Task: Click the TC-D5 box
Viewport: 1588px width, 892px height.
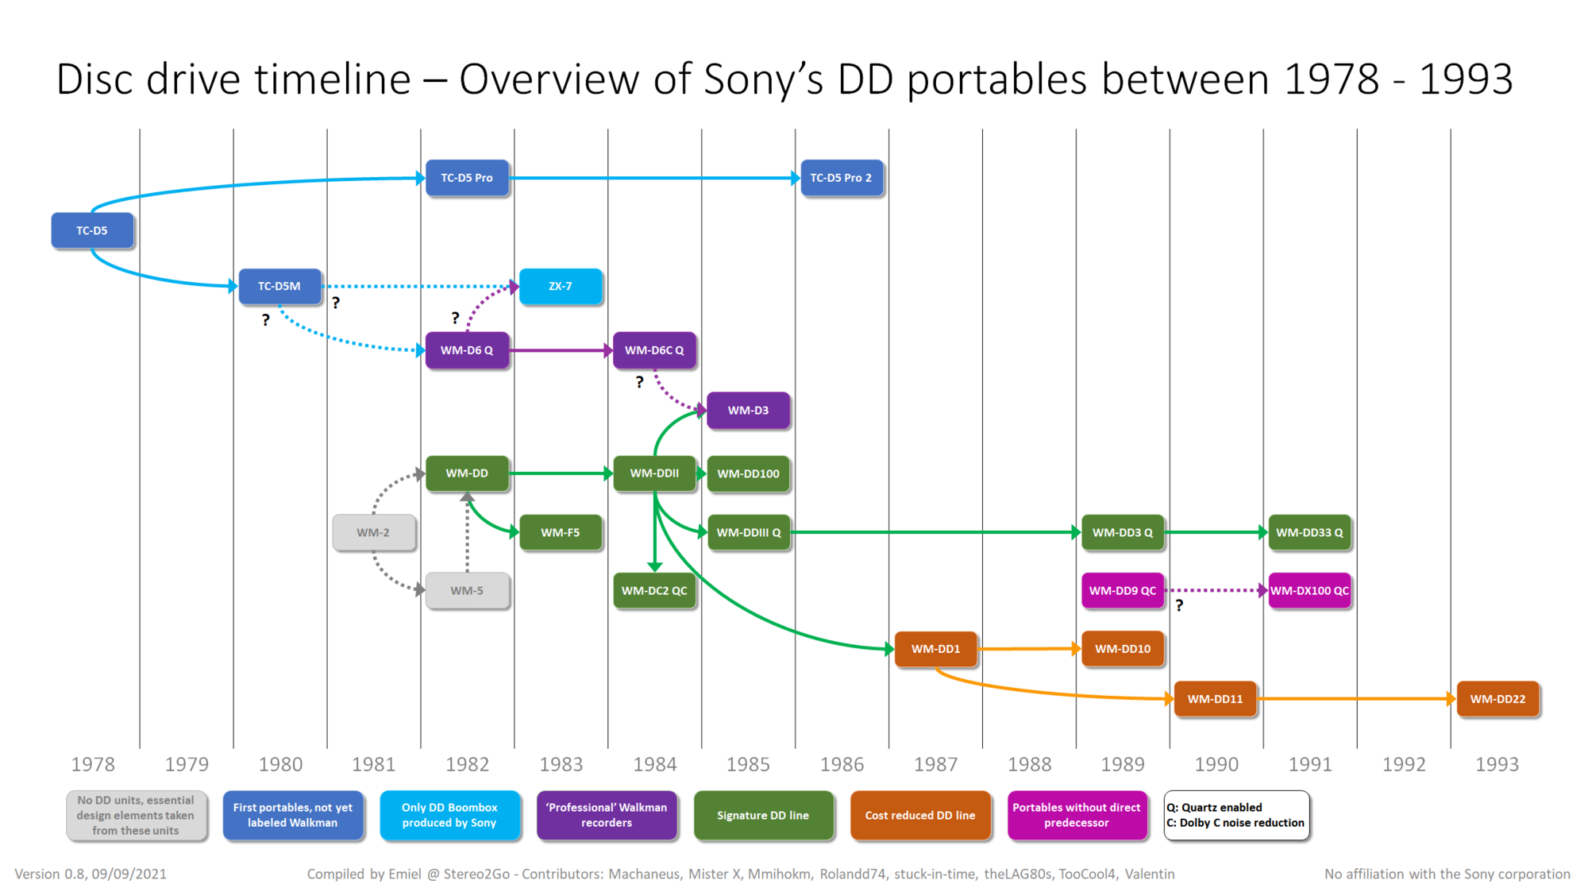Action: [x=92, y=230]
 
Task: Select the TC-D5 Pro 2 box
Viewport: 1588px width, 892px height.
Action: [x=841, y=178]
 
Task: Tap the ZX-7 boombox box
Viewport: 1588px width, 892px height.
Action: [x=561, y=286]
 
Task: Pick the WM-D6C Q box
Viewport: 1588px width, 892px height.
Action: [x=654, y=350]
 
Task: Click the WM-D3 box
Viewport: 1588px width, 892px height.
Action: [x=748, y=411]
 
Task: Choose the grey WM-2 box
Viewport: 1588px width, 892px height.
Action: [x=373, y=532]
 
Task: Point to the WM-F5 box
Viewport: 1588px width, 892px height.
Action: [x=561, y=532]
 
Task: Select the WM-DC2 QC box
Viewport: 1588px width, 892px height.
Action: [x=654, y=591]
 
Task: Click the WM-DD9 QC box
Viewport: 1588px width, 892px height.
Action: [x=1123, y=591]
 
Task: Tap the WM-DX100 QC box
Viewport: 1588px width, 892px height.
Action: [x=1309, y=591]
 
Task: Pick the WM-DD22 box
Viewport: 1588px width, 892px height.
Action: [x=1497, y=699]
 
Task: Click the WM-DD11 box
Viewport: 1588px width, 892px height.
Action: [x=1215, y=699]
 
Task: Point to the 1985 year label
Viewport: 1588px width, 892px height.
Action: [x=748, y=764]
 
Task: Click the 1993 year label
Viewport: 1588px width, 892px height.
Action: [x=1497, y=764]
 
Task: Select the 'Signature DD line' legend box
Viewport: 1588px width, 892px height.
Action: [x=763, y=815]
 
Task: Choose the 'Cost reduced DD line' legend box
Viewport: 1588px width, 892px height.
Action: [x=920, y=815]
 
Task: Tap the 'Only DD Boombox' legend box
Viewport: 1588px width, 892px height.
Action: [x=449, y=815]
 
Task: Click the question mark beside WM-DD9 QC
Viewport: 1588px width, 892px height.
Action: [x=1179, y=606]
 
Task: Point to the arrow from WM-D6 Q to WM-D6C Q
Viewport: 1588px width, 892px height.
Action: [x=561, y=350]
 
